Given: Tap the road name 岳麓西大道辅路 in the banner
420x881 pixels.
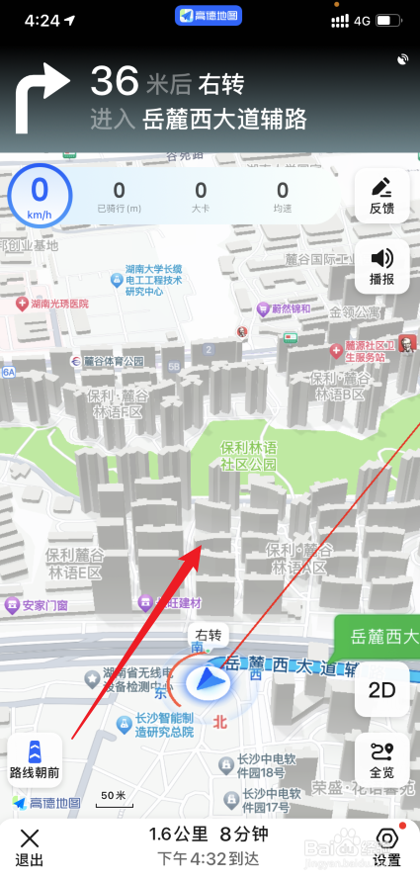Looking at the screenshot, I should tap(224, 120).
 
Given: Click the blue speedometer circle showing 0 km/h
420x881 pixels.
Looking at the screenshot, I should tap(40, 196).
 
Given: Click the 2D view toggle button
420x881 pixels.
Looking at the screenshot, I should tap(381, 689).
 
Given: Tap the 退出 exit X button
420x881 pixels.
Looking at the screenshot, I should tap(31, 846).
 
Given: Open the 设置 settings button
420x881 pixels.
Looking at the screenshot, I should tap(386, 846).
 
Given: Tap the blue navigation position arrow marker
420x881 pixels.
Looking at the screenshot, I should tap(208, 681).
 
